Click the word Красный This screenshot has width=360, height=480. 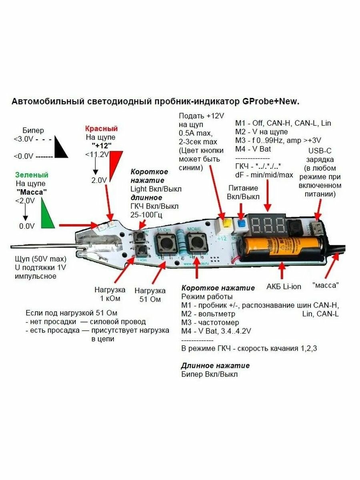[101, 129]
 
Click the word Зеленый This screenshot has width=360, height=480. [32, 175]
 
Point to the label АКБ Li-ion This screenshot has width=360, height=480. [284, 286]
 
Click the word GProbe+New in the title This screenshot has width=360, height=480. [270, 102]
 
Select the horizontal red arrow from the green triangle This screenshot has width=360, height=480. [78, 226]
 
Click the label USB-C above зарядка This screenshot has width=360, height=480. [320, 151]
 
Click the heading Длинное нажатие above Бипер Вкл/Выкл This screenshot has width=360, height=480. [215, 365]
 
